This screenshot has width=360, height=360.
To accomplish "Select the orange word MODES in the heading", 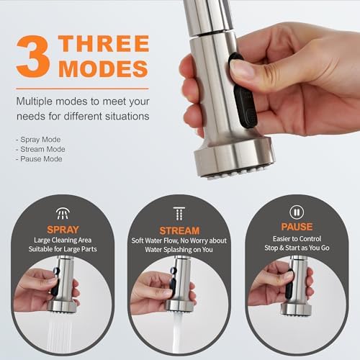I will pos(104,69).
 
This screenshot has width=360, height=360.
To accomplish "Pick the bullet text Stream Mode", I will pos(41,149).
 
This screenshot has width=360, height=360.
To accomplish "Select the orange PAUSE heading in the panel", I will pos(297,228).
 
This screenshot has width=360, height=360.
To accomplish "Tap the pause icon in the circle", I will pos(297,212).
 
